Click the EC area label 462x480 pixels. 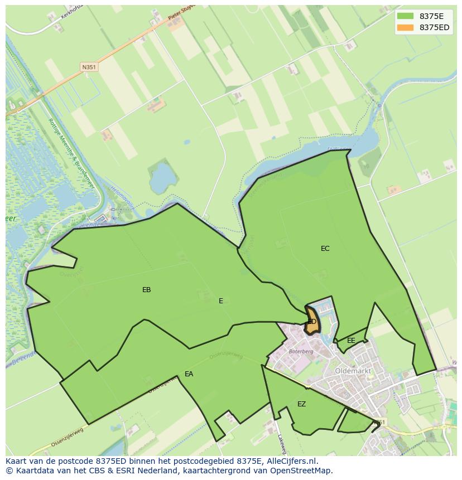coord(325,249)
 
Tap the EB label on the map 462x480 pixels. coord(146,290)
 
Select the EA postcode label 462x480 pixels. coord(189,374)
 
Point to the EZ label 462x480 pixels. coord(301,404)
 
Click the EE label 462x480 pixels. coord(351,341)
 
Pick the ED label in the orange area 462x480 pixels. coord(312,322)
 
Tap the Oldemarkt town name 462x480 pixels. coord(353,370)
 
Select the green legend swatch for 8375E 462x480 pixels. coord(406,16)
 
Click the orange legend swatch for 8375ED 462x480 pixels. coord(406,27)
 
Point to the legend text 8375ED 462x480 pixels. coord(434,27)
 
